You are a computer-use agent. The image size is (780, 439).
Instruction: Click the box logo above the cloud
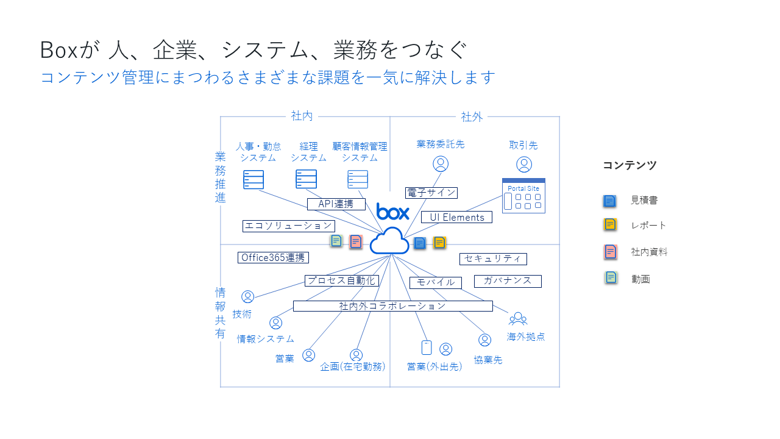click(x=393, y=212)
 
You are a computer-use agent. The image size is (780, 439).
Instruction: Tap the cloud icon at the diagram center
click(x=389, y=241)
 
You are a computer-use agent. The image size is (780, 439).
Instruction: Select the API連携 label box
click(x=336, y=204)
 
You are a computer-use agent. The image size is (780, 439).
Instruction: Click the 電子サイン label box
click(x=431, y=193)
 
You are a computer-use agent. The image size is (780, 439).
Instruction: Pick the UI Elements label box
click(x=456, y=217)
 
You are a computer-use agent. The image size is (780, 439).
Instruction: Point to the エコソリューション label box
click(x=289, y=226)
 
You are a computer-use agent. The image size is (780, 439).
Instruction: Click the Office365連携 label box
click(x=273, y=257)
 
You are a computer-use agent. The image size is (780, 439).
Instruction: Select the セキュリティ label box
click(x=493, y=259)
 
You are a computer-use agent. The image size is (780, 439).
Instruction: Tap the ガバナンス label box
click(x=508, y=281)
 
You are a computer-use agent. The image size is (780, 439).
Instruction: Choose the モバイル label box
click(x=436, y=282)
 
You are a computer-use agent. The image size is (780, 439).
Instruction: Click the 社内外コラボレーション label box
click(x=392, y=306)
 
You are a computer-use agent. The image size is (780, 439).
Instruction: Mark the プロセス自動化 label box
click(x=342, y=280)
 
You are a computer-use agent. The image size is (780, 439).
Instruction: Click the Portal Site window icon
click(x=523, y=196)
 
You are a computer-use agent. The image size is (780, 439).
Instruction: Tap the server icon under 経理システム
click(x=307, y=179)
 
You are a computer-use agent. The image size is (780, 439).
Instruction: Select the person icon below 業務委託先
click(x=441, y=164)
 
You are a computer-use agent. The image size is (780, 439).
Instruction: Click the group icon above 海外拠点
click(x=518, y=318)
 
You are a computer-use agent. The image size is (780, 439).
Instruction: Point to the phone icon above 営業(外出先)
click(x=427, y=348)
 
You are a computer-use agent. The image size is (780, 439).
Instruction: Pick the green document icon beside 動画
click(x=611, y=278)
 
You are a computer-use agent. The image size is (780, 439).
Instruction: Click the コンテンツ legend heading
click(x=629, y=165)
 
